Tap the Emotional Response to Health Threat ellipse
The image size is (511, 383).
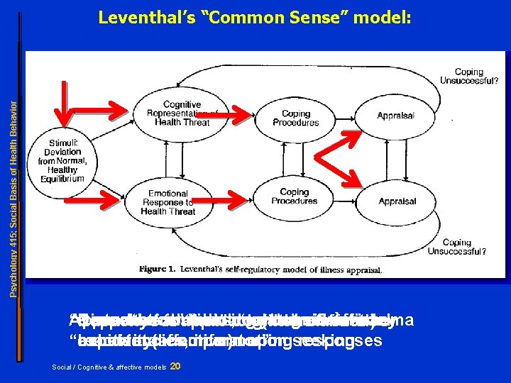pos(168,202)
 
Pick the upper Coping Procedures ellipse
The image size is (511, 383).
pos(296,118)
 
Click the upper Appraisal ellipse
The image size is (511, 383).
pos(395,116)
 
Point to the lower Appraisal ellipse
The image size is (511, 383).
pos(397,201)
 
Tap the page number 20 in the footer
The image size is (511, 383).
pos(177,366)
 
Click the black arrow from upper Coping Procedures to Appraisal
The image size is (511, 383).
pos(344,116)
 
